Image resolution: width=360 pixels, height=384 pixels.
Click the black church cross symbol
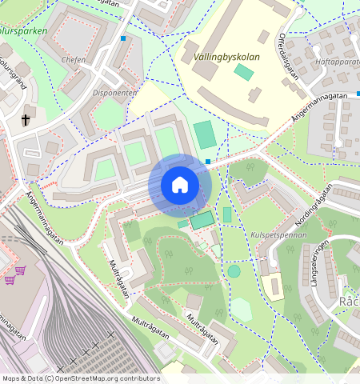(25, 121)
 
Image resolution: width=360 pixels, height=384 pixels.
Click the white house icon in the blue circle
(180, 185)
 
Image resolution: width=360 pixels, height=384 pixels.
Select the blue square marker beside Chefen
(123, 38)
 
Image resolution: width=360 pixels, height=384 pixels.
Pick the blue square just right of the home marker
(208, 162)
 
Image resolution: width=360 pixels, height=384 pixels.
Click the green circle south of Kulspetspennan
(234, 271)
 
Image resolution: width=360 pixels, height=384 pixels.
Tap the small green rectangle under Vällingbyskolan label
(244, 72)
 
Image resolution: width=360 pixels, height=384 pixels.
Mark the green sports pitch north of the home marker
(205, 134)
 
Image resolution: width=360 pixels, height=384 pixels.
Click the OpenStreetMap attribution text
(81, 378)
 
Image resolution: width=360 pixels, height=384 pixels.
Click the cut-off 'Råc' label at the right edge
(350, 302)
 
